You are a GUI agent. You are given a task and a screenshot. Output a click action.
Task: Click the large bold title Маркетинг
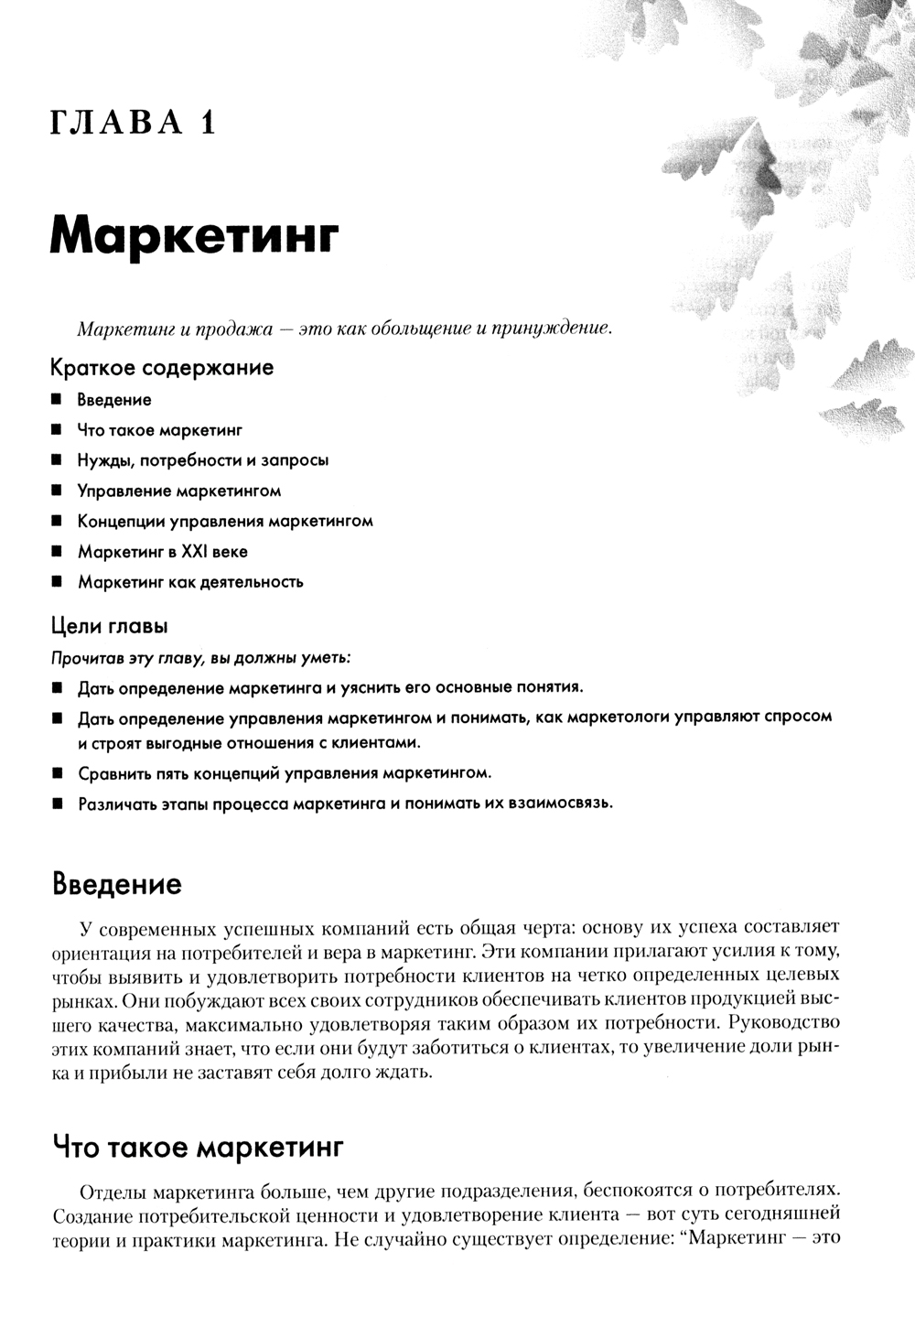tap(195, 234)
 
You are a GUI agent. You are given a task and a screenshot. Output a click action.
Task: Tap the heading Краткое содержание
tap(162, 368)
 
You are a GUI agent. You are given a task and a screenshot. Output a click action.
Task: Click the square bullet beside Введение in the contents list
tap(57, 400)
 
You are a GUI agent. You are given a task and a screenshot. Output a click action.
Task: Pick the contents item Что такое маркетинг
tap(159, 430)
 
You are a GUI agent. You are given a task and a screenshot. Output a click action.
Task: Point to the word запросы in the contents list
tap(295, 460)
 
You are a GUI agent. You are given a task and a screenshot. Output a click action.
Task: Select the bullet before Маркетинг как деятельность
tap(57, 582)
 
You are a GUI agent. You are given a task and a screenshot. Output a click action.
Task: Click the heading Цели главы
tap(109, 627)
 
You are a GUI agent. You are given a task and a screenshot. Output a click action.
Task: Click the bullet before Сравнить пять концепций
tap(57, 773)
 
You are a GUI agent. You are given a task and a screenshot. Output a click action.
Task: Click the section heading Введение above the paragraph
tap(117, 884)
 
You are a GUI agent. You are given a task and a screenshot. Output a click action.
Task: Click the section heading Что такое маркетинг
tap(198, 1147)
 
